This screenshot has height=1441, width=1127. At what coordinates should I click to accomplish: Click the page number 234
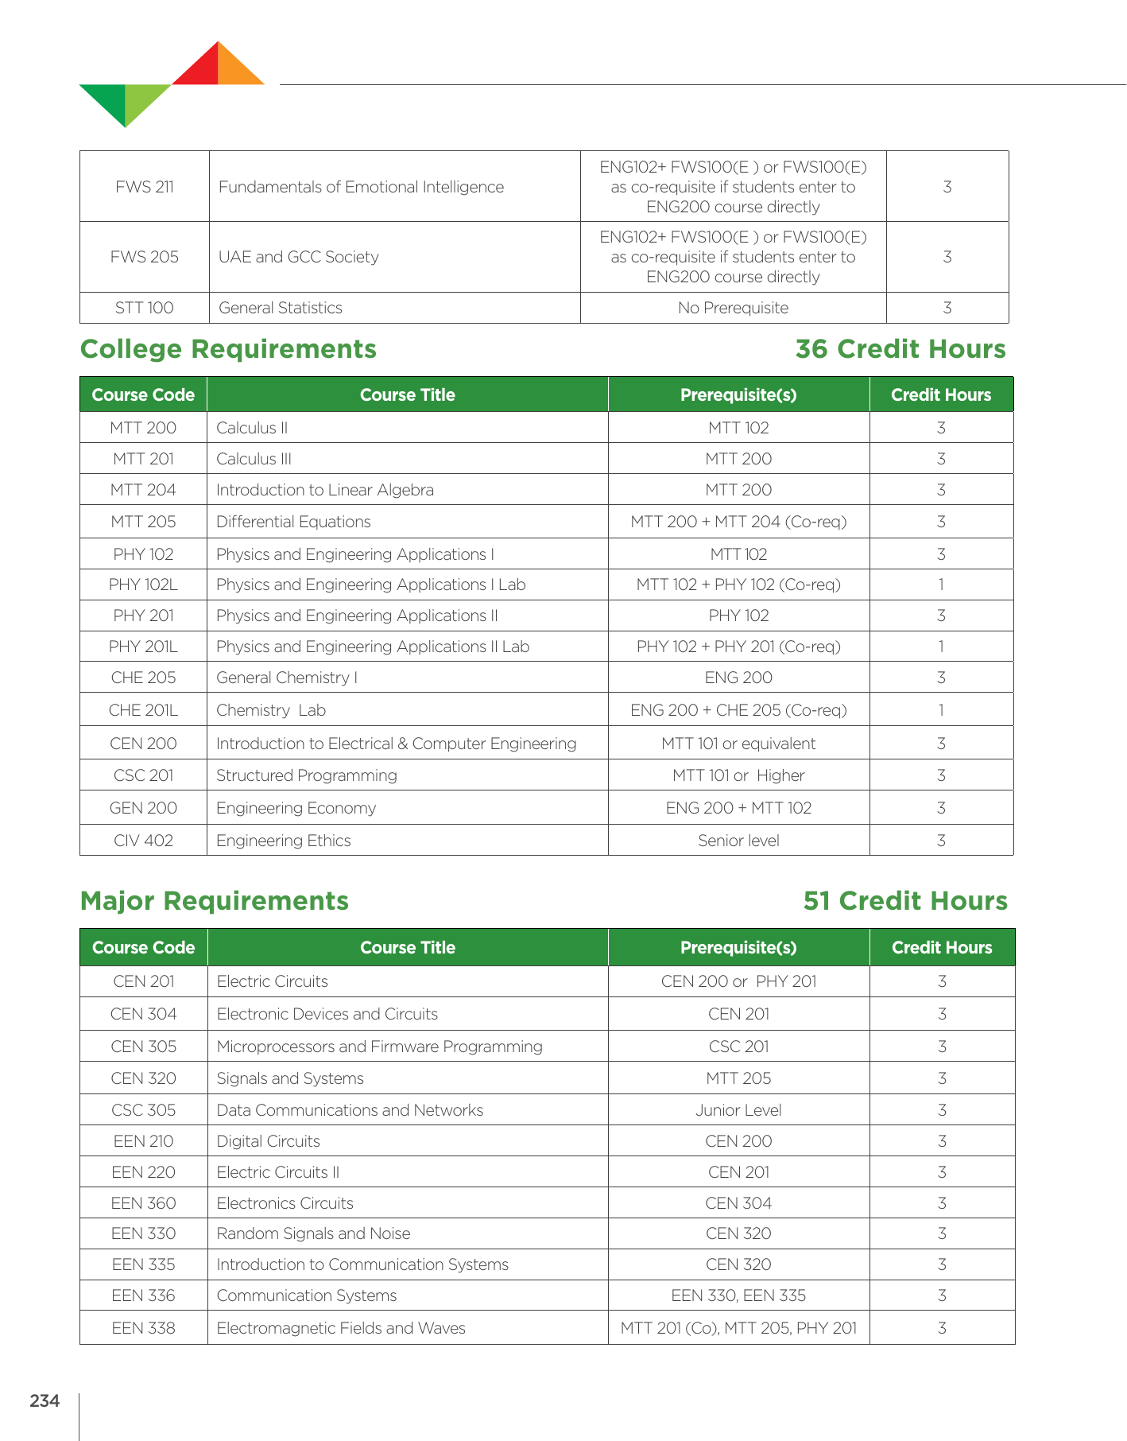pyautogui.click(x=45, y=1400)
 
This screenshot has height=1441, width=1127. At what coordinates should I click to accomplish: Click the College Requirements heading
pyautogui.click(x=228, y=349)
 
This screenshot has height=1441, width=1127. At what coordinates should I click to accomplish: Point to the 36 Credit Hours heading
pyautogui.click(x=900, y=349)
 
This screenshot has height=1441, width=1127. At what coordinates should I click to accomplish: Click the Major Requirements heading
pyautogui.click(x=215, y=900)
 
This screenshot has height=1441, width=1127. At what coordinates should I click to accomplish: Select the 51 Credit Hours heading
pyautogui.click(x=904, y=900)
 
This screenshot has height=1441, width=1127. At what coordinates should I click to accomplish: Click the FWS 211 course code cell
pyautogui.click(x=145, y=187)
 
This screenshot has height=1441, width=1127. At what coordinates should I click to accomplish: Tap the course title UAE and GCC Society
pyautogui.click(x=298, y=257)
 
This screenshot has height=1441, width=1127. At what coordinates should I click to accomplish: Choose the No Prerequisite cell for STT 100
pyautogui.click(x=733, y=308)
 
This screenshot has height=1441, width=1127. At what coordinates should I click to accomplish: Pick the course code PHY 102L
pyautogui.click(x=143, y=585)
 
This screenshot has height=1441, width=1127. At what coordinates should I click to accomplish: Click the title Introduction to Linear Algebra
pyautogui.click(x=325, y=490)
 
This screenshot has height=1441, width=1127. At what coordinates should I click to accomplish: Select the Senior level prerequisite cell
pyautogui.click(x=738, y=841)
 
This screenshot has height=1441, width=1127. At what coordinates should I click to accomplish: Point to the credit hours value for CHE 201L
pyautogui.click(x=941, y=710)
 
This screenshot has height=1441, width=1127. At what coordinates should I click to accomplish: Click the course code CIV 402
pyautogui.click(x=143, y=841)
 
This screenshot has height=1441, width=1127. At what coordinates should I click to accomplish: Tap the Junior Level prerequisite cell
pyautogui.click(x=738, y=1110)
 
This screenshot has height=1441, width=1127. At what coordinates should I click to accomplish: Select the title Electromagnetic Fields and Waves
pyautogui.click(x=341, y=1328)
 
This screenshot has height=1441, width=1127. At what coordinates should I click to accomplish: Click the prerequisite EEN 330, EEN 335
pyautogui.click(x=738, y=1295)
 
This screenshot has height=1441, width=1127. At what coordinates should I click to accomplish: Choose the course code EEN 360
pyautogui.click(x=143, y=1203)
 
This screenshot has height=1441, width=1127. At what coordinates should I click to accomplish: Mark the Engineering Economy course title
pyautogui.click(x=296, y=808)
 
